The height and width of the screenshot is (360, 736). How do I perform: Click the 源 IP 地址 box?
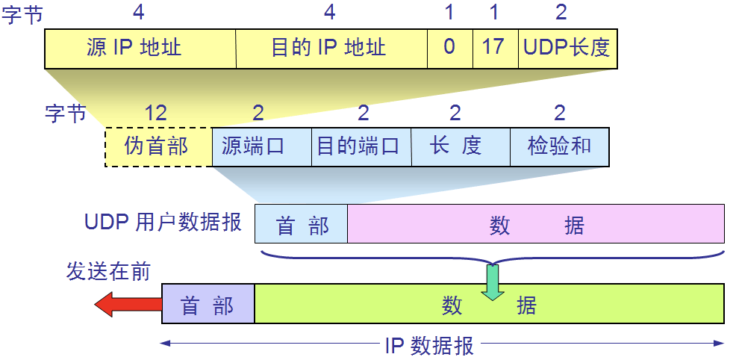pyautogui.click(x=140, y=49)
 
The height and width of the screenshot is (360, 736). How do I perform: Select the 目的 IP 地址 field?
pyautogui.click(x=331, y=49)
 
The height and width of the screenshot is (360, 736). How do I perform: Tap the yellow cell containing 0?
pyautogui.click(x=449, y=49)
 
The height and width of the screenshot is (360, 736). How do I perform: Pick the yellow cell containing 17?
pyautogui.click(x=495, y=49)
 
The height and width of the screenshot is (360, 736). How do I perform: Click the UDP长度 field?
pyautogui.click(x=567, y=49)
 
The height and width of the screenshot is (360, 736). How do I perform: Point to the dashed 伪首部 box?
pyautogui.click(x=159, y=147)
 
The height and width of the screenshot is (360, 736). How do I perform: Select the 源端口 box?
pyautogui.click(x=262, y=147)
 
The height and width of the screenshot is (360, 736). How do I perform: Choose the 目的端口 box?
pyautogui.click(x=361, y=147)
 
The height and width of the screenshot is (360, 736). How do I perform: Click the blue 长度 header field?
pyautogui.click(x=461, y=147)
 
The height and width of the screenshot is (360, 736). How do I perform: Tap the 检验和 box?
pyautogui.click(x=560, y=147)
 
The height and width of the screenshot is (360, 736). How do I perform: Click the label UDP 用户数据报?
pyautogui.click(x=163, y=222)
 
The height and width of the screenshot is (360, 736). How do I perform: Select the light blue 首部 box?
pyautogui.click(x=302, y=223)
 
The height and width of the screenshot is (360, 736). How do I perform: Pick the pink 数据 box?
pyautogui.click(x=536, y=223)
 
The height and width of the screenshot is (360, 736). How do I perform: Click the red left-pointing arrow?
pyautogui.click(x=128, y=304)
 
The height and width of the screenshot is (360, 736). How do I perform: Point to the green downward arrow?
pyautogui.click(x=493, y=282)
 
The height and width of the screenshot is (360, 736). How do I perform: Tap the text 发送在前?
pyautogui.click(x=108, y=271)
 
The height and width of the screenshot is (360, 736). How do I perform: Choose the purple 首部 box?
pyautogui.click(x=208, y=304)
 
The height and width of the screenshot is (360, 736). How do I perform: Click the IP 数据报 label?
pyautogui.click(x=429, y=347)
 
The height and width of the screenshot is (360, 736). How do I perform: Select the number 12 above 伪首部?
pyautogui.click(x=155, y=113)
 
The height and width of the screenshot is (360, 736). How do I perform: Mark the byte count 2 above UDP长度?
pyautogui.click(x=561, y=12)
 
